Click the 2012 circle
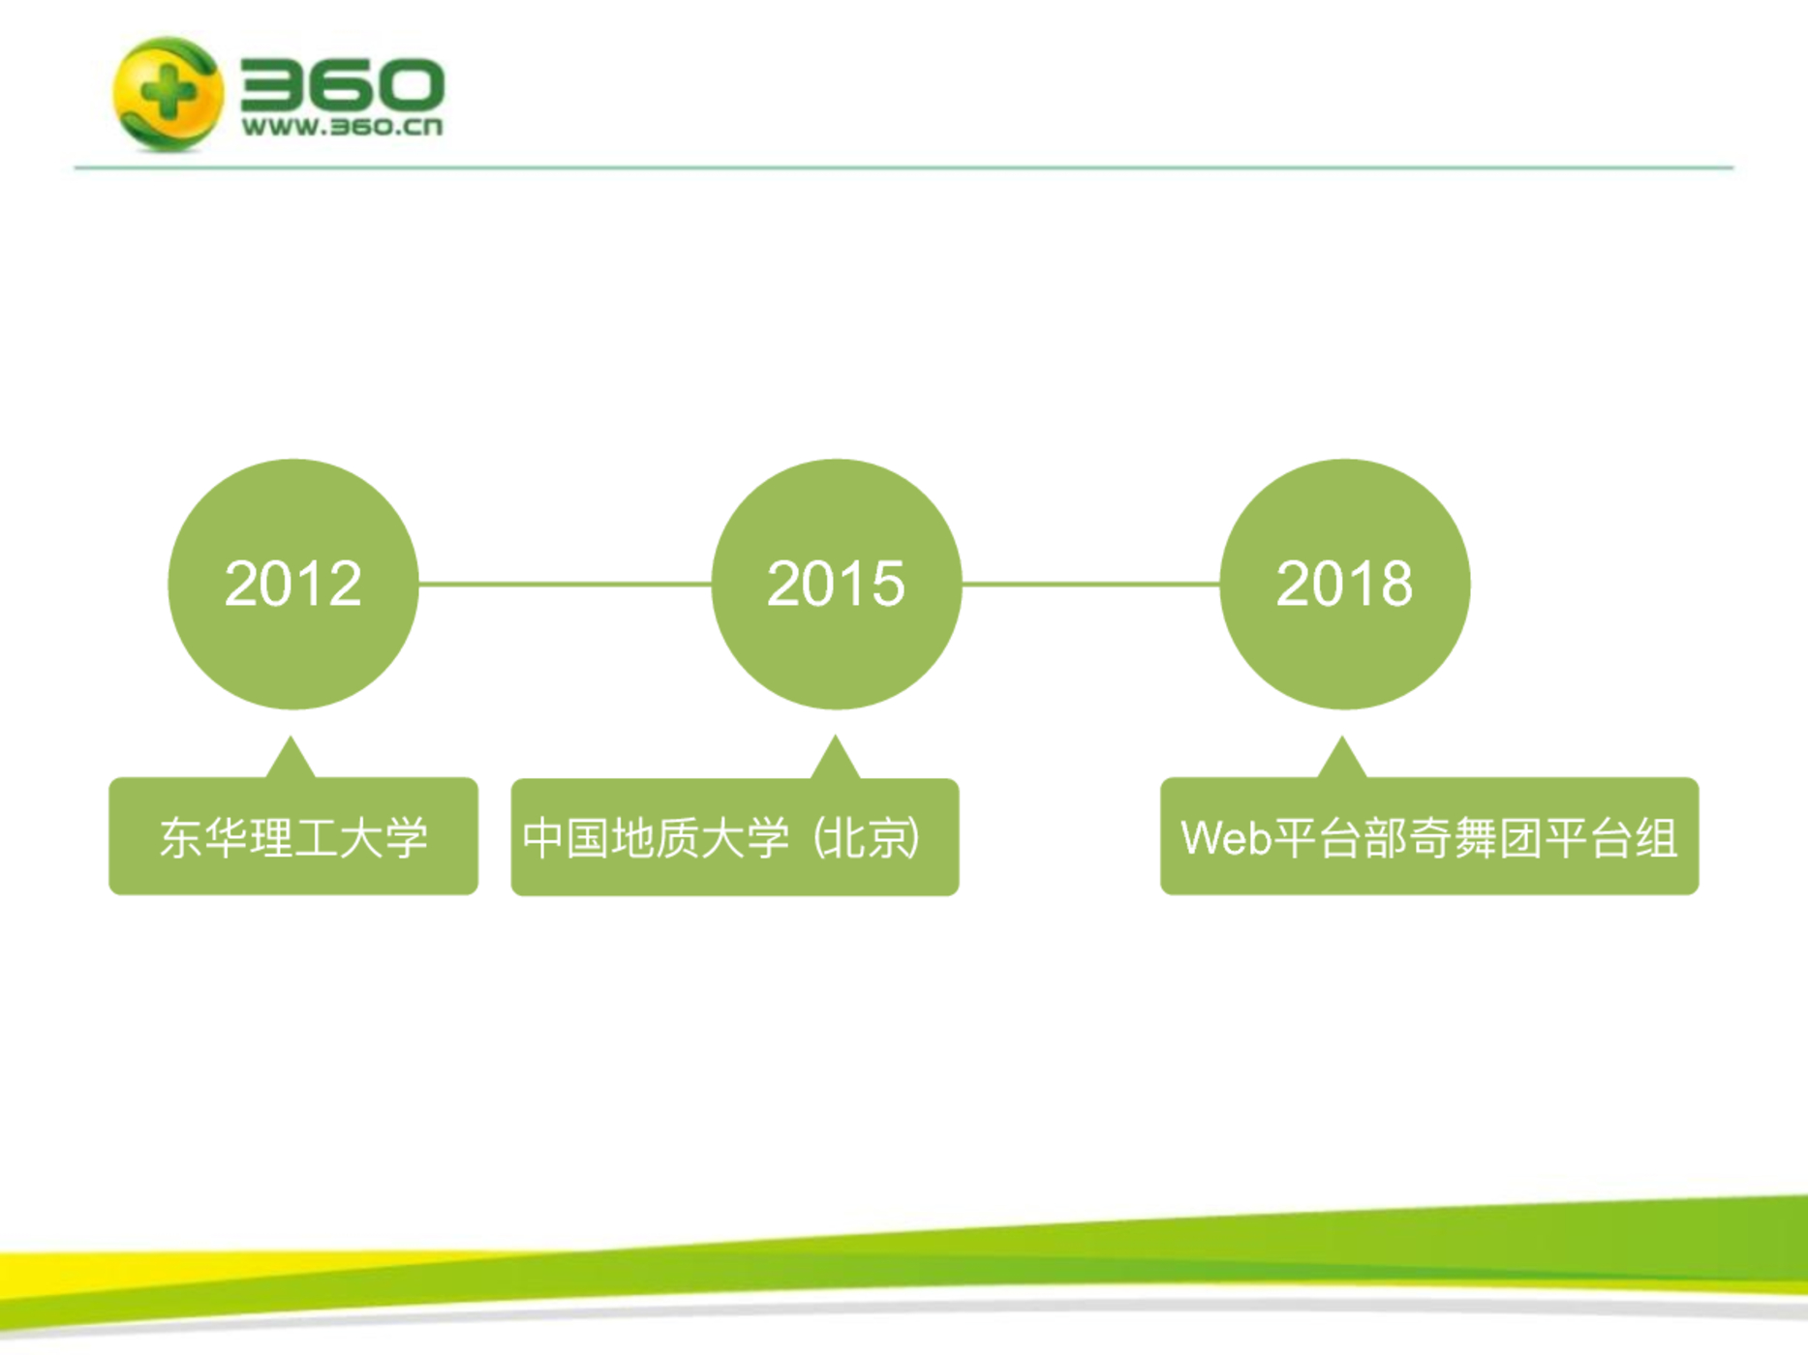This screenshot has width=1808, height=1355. pyautogui.click(x=293, y=585)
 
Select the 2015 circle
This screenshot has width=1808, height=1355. pyautogui.click(x=837, y=585)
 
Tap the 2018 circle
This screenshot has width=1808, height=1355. pyautogui.click(x=1345, y=585)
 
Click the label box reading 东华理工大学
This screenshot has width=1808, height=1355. pyautogui.click(x=293, y=836)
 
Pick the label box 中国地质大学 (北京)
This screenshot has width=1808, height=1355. pyautogui.click(x=735, y=837)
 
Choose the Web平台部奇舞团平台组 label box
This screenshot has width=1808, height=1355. pyautogui.click(x=1429, y=836)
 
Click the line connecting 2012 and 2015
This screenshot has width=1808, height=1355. pyautogui.click(x=566, y=584)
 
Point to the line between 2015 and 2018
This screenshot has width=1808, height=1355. pyautogui.click(x=1091, y=584)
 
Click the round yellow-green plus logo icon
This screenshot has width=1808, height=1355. pyautogui.click(x=169, y=94)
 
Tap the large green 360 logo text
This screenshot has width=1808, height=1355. pyautogui.click(x=342, y=83)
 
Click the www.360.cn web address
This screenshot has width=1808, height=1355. pyautogui.click(x=342, y=127)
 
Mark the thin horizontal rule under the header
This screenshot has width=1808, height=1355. pyautogui.click(x=904, y=167)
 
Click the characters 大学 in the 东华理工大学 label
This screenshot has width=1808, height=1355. pyautogui.click(x=384, y=838)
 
